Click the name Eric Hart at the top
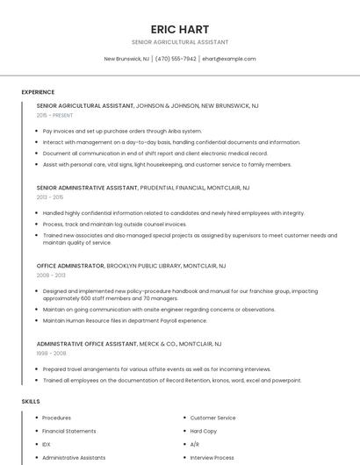pos(179,29)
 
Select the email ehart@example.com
pos(229,59)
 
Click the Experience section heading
pos(38,92)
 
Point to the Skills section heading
pos(31,401)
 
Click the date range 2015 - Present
pos(54,115)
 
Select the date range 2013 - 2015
pos(50,197)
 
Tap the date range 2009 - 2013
pos(50,275)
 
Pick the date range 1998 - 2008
pos(50,353)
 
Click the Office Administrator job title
pos(70,265)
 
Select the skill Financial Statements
pos(69,431)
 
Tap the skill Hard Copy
pos(204,431)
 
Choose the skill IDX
pos(47,444)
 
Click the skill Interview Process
pos(212,457)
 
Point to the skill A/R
pos(195,444)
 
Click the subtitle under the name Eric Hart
pos(179,42)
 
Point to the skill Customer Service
pos(212,418)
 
